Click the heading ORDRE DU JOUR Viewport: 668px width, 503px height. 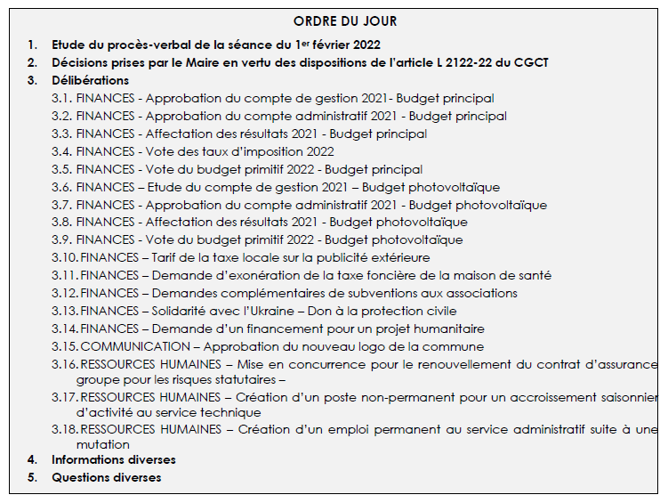(345, 21)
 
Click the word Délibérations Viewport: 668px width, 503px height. (90, 80)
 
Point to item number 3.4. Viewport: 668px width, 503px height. (61, 151)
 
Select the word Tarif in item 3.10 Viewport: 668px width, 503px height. (167, 258)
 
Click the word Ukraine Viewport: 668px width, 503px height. (268, 311)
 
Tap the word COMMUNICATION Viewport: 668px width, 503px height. (134, 346)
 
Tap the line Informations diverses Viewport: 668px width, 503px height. (113, 459)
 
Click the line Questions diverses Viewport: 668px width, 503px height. (106, 477)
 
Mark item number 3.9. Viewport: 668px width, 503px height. (61, 240)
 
